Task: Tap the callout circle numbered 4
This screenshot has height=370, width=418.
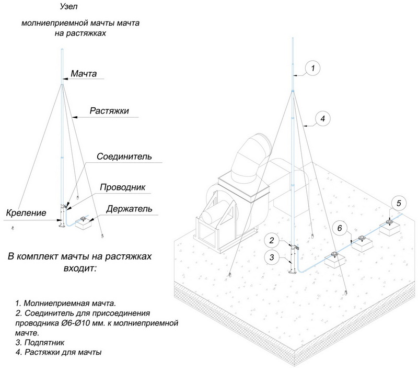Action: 322,119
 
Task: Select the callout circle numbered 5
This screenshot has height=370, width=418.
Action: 398,202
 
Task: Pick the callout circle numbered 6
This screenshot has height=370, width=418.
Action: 339,228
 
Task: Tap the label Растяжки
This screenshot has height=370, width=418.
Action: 109,111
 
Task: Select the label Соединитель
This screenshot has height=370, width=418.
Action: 124,156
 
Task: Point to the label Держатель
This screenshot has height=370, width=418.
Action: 129,209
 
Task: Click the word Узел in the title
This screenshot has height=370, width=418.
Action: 66,8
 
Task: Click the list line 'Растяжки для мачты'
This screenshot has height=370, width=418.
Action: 58,352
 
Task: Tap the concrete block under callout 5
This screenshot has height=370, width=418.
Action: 391,227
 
